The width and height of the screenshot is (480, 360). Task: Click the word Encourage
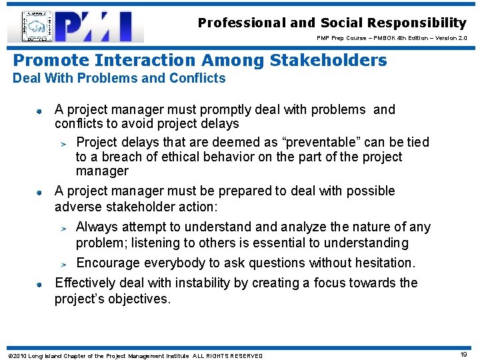pos(108,263)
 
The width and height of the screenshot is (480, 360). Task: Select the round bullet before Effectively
pos(40,284)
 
